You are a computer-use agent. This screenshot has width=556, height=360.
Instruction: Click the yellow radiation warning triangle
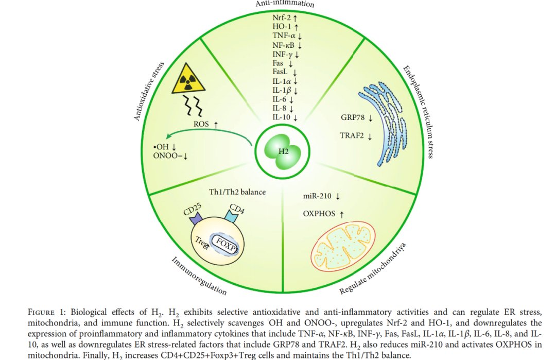[188, 79]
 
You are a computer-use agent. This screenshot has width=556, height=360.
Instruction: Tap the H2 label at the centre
[283, 151]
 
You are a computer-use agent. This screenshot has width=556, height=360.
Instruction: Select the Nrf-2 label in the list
[282, 18]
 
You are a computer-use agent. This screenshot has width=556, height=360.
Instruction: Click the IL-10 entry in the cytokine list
[281, 117]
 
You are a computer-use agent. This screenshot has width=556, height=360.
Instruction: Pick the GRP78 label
[353, 117]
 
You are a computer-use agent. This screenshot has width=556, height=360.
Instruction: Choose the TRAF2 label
[352, 135]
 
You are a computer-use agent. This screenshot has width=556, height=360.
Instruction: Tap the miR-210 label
[317, 196]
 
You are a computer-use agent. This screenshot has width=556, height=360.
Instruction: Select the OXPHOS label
[319, 214]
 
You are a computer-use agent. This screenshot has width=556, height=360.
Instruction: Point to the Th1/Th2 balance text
[237, 192]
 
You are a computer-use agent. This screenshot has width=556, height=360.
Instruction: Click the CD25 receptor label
[192, 209]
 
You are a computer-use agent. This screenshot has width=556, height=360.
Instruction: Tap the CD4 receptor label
[236, 209]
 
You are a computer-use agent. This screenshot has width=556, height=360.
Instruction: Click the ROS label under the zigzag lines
[201, 124]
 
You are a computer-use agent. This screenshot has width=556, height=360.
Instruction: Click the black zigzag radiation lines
[193, 106]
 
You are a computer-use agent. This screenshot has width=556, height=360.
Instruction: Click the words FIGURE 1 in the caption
[46, 312]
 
